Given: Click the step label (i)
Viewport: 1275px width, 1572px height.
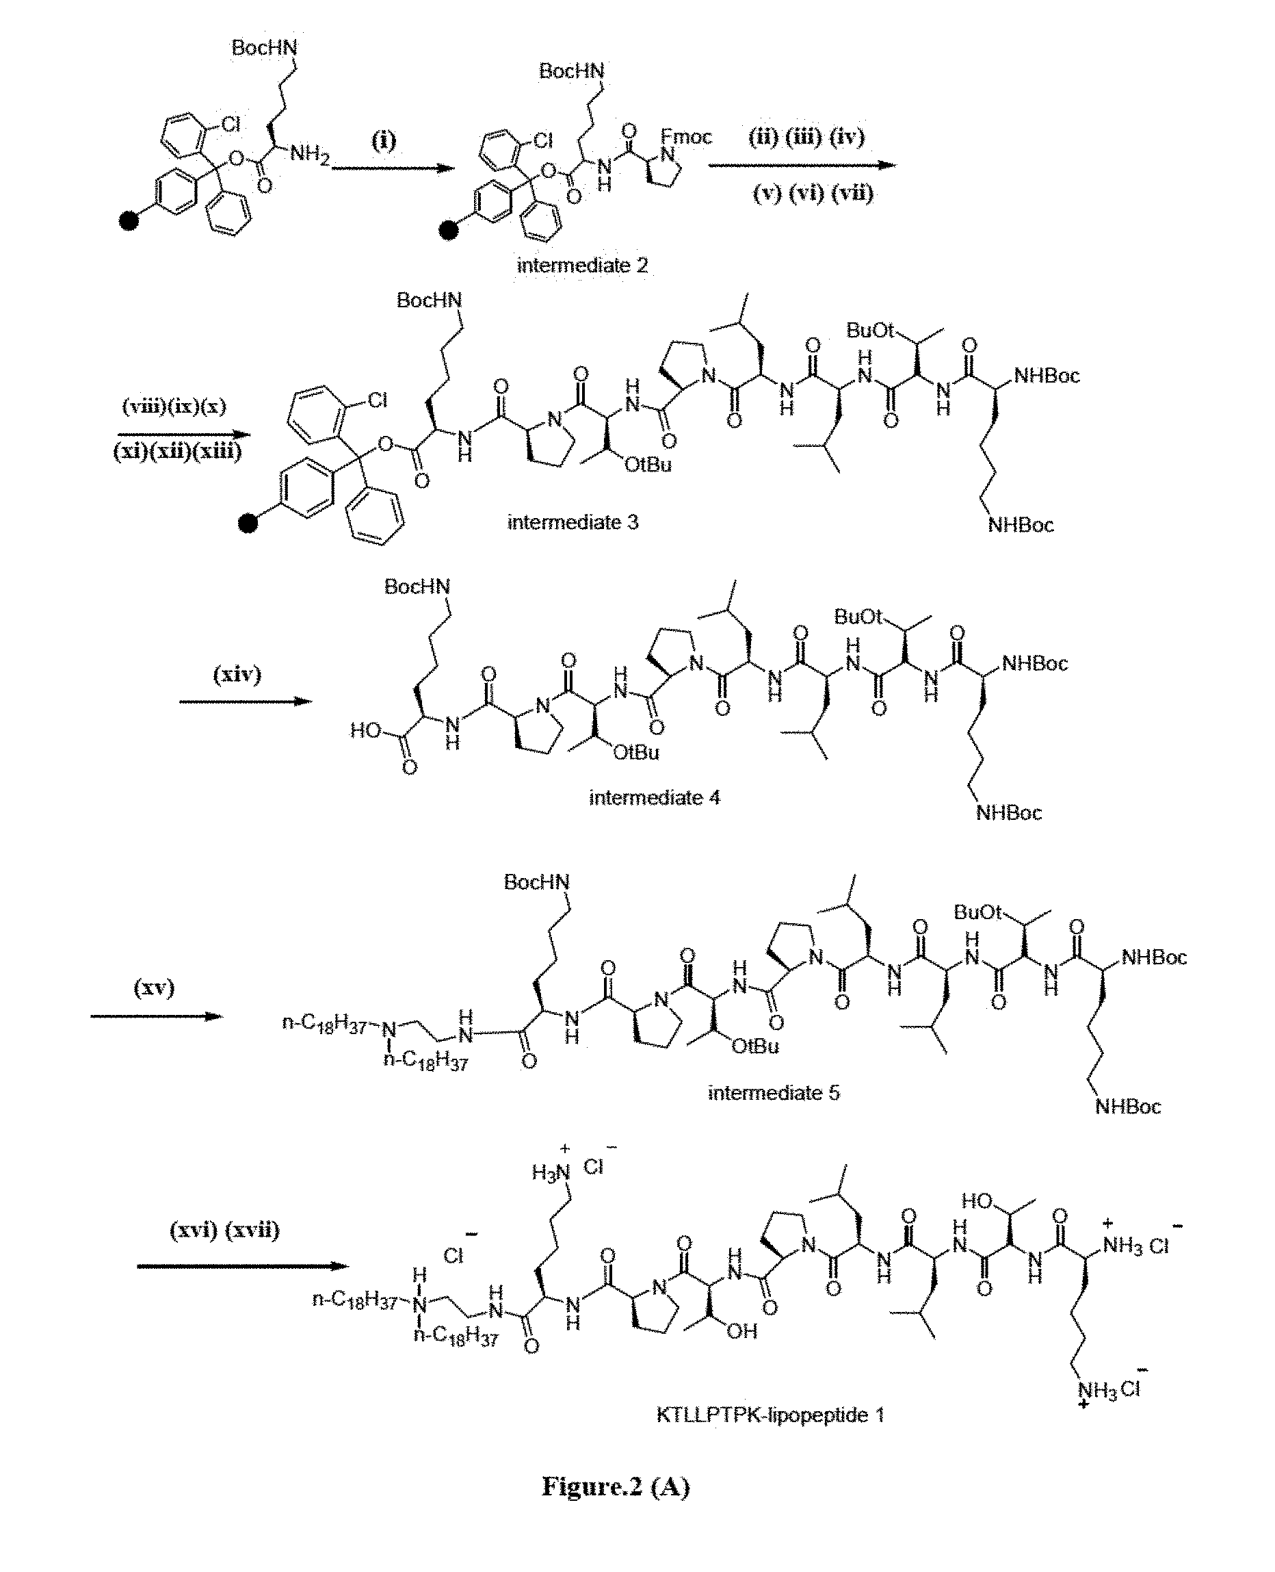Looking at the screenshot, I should click(x=383, y=140).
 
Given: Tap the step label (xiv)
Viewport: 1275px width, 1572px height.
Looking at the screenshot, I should click(x=237, y=674).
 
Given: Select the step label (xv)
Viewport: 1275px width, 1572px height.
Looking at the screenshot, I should click(x=153, y=987).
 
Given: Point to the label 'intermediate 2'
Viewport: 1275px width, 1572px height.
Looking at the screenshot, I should click(x=582, y=266).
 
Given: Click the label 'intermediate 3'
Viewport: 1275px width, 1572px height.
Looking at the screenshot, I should click(x=573, y=523).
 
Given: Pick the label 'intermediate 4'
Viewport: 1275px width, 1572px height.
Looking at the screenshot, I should click(x=655, y=797).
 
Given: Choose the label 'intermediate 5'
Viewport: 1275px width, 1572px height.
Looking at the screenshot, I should click(x=774, y=1093).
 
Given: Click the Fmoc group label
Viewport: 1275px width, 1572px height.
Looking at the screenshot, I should click(x=686, y=137).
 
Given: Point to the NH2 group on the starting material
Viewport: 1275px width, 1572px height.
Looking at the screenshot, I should click(x=309, y=153).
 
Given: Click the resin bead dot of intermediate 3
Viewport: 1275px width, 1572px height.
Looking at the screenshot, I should click(x=249, y=524).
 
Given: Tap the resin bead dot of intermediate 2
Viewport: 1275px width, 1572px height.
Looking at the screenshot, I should click(x=448, y=231).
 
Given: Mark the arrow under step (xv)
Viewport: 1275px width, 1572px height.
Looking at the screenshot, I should click(x=156, y=1016).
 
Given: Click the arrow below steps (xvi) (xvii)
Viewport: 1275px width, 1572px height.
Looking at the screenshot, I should click(x=241, y=1265).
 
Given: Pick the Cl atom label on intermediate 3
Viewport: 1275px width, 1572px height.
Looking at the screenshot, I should click(x=378, y=400).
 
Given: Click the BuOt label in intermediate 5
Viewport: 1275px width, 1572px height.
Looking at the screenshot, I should click(x=977, y=912).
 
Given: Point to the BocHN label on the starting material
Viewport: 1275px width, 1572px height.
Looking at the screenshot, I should click(x=265, y=48).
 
